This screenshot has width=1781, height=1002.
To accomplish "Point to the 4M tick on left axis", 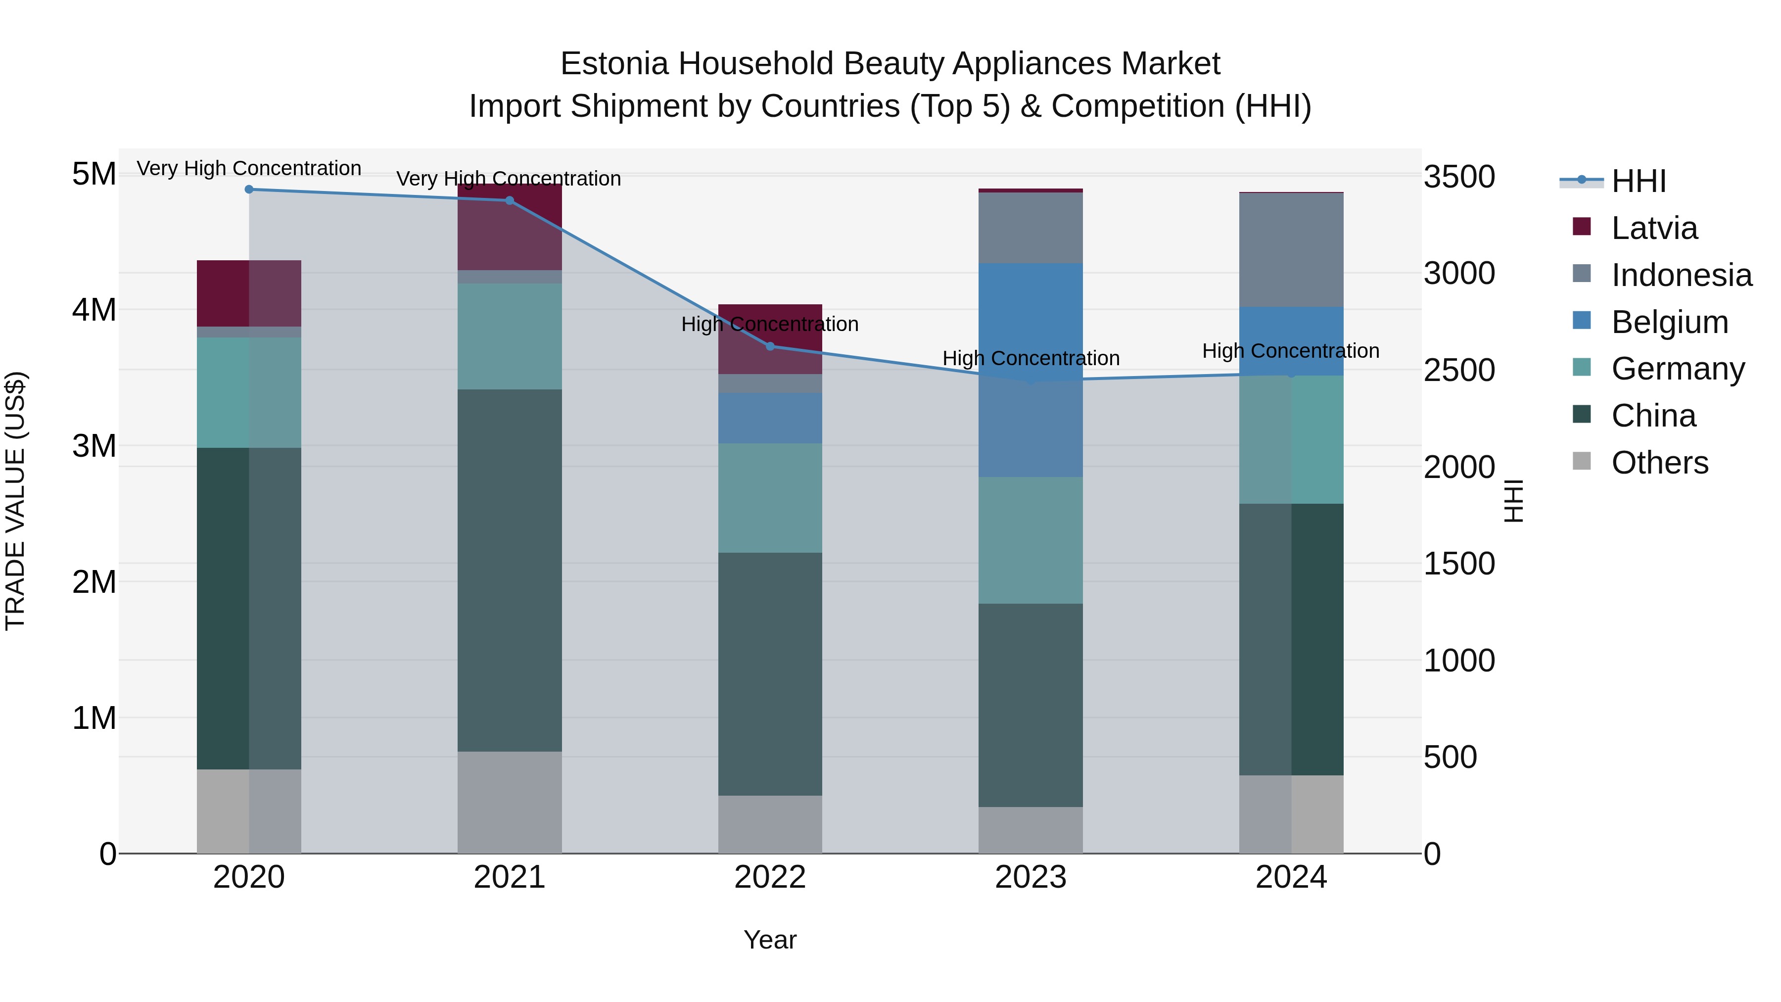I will point(94,309).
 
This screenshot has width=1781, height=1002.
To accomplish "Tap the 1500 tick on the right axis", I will point(1459,564).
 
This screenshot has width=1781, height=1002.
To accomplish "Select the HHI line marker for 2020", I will point(249,190).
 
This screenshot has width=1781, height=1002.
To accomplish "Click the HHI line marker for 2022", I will point(770,346).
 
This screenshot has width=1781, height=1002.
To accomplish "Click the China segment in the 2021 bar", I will point(510,571).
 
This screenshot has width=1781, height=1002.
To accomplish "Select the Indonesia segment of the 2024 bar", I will point(1291,250).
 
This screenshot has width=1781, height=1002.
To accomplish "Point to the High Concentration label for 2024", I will point(1290,351).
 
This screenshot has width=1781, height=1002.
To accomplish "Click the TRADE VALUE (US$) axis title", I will point(15,501).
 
